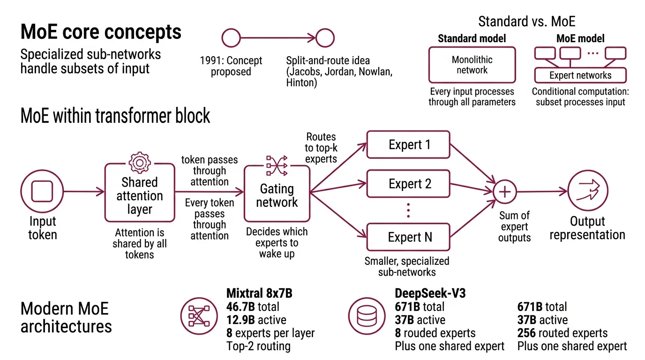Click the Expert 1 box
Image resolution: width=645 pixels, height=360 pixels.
coord(408,144)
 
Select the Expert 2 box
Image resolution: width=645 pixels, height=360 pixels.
coord(408,184)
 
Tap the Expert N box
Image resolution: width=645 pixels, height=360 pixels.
coord(408,237)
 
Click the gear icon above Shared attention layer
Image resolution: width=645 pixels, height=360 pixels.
coord(139,162)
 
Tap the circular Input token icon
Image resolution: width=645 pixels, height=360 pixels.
coord(42,192)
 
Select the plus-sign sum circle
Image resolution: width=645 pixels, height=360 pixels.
coord(505,192)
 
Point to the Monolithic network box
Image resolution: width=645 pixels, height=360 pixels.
coord(472,65)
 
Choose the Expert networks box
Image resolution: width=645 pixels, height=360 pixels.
coord(580,75)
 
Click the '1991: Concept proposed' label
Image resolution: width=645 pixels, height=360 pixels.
coord(231,66)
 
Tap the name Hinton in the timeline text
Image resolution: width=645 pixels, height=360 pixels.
coord(301,83)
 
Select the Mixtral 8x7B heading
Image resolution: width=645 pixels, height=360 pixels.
coord(259,293)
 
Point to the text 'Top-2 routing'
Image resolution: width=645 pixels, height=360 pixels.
coord(258,346)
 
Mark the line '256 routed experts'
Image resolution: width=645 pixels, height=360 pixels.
coord(562,333)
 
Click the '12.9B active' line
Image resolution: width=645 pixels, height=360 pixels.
coord(256,320)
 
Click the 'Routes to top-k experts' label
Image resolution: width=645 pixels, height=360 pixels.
coord(321,148)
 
